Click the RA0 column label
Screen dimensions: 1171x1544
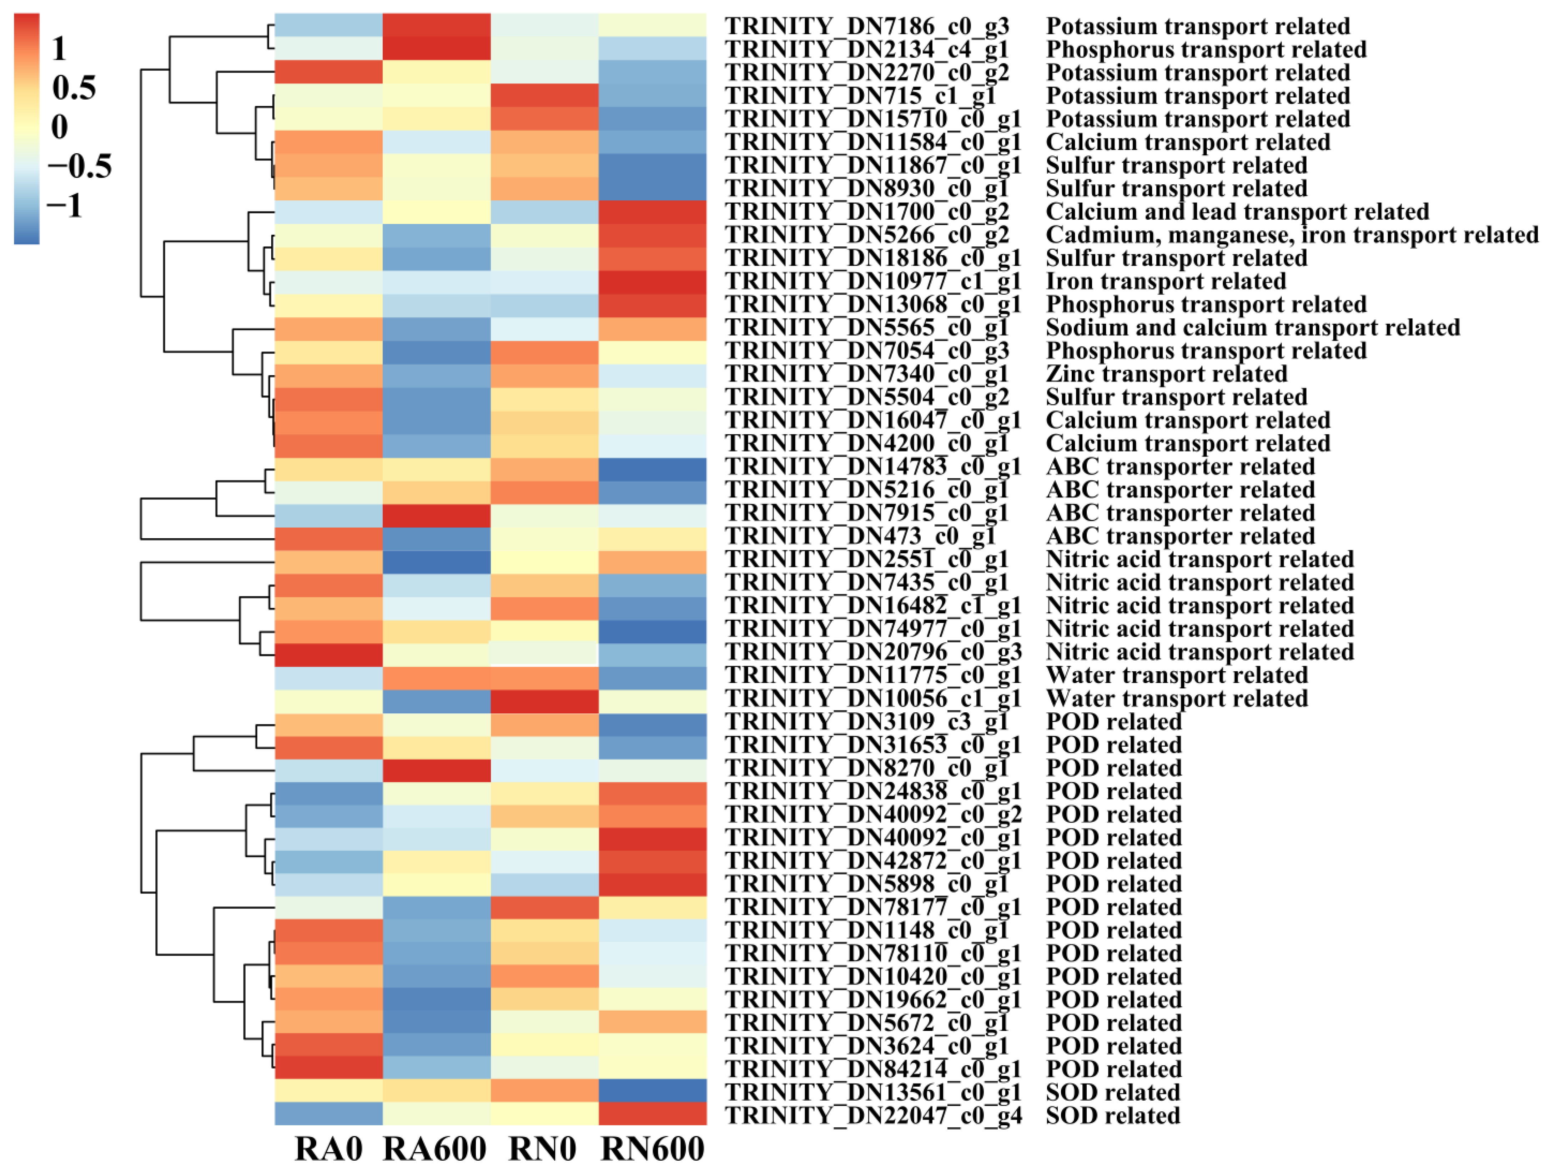pyautogui.click(x=328, y=1148)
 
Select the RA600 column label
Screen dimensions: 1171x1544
pyautogui.click(x=435, y=1148)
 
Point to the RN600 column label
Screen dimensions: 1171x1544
pyautogui.click(x=653, y=1148)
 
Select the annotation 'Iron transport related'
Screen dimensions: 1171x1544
pyautogui.click(x=1166, y=281)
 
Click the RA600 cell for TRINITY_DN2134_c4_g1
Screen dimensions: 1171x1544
pyautogui.click(x=436, y=49)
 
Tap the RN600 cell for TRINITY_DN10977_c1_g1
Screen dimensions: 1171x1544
pyautogui.click(x=653, y=281)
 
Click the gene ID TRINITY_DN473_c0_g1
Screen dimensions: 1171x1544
pyautogui.click(x=860, y=536)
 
